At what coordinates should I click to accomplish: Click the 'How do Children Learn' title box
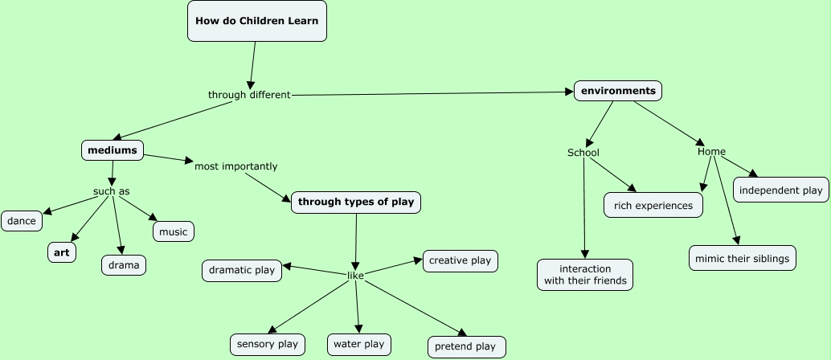(257, 20)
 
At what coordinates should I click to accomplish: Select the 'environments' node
(618, 91)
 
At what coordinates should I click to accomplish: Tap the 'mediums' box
(113, 150)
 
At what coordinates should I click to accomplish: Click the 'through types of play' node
(356, 202)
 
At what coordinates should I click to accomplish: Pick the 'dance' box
(22, 220)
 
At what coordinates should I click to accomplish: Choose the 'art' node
(62, 252)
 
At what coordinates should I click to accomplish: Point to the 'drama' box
(124, 265)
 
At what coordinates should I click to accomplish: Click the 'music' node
(174, 231)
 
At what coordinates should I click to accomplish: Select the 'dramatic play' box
(242, 271)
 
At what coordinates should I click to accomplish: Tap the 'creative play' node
(460, 260)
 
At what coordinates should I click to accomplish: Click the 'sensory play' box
(268, 345)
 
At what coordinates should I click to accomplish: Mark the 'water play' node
(358, 344)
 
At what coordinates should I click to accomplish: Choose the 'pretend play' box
(466, 346)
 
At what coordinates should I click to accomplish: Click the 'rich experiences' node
(653, 205)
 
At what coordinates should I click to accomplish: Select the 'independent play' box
(780, 190)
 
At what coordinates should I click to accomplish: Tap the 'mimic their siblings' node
(743, 258)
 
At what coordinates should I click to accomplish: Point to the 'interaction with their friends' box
(584, 274)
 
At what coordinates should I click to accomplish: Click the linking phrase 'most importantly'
(236, 166)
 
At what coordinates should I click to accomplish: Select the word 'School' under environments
(583, 153)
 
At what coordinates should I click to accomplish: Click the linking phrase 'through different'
(249, 95)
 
